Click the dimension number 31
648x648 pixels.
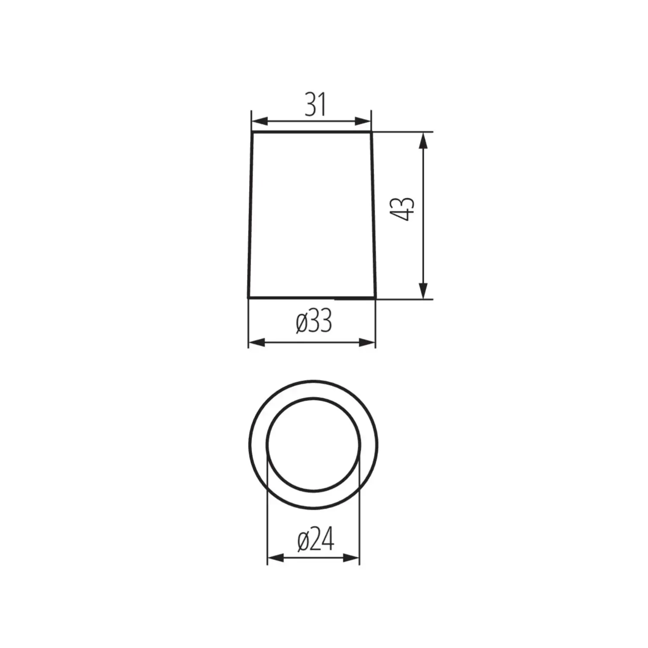coord(315,105)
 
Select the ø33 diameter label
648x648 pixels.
coord(314,322)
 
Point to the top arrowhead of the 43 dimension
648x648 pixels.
coord(424,140)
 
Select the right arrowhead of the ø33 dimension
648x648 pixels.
coord(367,343)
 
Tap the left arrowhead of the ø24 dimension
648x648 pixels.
coord(275,558)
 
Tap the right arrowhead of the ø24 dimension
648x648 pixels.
coord(351,558)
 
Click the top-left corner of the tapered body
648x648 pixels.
coord(253,133)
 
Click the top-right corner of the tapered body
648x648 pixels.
coord(372,133)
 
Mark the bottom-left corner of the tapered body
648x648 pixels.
coord(249,297)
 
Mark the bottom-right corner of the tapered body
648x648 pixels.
coord(375,297)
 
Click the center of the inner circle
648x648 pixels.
coord(314,444)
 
